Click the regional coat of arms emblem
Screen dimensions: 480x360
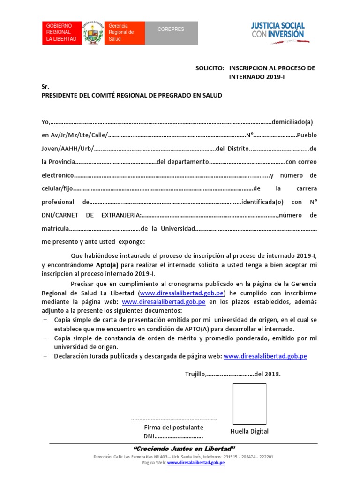[x=93, y=32]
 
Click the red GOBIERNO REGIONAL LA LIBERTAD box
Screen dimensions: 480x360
[x=61, y=32]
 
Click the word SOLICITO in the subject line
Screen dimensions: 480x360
[x=210, y=68]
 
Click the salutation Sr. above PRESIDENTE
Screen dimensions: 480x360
[x=45, y=87]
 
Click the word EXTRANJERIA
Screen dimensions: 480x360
[x=121, y=215]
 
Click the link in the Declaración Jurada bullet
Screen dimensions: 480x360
[x=265, y=356]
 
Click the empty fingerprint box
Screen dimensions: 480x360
[x=249, y=404]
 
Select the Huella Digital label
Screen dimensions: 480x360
[x=249, y=431]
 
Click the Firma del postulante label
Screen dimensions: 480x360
[x=173, y=427]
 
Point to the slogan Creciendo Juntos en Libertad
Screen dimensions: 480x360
[x=184, y=449]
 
